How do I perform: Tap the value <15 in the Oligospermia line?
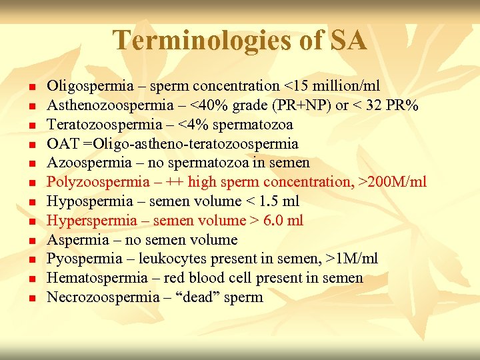296,86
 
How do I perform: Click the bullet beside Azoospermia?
32,163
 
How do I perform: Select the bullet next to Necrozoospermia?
32,298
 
